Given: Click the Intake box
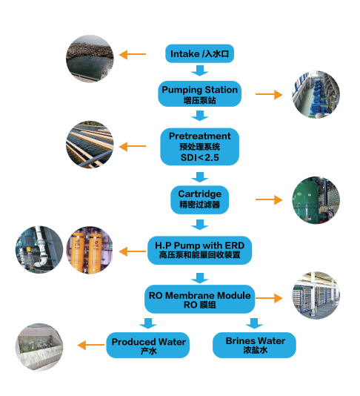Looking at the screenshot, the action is pyautogui.click(x=199, y=53).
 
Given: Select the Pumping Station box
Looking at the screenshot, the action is pyautogui.click(x=199, y=93).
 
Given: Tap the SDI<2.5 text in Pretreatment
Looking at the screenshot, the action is pyautogui.click(x=199, y=158).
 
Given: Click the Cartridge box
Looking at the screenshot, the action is pyautogui.click(x=199, y=199).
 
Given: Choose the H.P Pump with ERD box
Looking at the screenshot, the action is pyautogui.click(x=199, y=250).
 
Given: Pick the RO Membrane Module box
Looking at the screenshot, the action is pyautogui.click(x=199, y=300).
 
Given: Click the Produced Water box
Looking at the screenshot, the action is pyautogui.click(x=148, y=345).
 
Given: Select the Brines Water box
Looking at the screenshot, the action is pyautogui.click(x=254, y=345).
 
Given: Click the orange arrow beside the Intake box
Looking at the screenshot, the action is pyautogui.click(x=132, y=54).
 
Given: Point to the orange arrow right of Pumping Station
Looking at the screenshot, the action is pyautogui.click(x=269, y=94).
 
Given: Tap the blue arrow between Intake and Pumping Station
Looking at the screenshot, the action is pyautogui.click(x=199, y=70).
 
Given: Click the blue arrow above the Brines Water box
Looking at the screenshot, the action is pyautogui.click(x=254, y=323).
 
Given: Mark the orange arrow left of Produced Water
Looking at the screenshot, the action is pyautogui.click(x=91, y=345).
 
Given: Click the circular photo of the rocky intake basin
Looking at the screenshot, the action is pyautogui.click(x=90, y=59).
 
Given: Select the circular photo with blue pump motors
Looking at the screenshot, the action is pyautogui.click(x=316, y=94).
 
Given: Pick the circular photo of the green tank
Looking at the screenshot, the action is pyautogui.click(x=316, y=200).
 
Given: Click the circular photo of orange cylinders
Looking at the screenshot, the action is pyautogui.click(x=90, y=250).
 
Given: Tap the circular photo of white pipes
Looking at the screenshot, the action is pyautogui.click(x=39, y=249).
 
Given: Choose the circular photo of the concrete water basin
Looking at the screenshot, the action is pyautogui.click(x=39, y=347).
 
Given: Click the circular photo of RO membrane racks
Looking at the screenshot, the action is pyautogui.click(x=316, y=295).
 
